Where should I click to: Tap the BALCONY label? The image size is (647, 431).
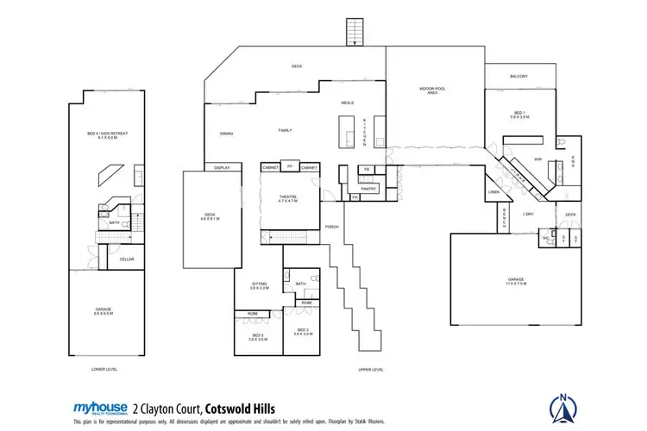518,77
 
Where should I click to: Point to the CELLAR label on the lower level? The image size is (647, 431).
127,259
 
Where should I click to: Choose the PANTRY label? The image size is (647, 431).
369,188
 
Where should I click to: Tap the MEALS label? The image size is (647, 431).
348,103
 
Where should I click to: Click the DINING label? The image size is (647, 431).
227,134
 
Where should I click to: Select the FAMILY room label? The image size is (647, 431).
285,130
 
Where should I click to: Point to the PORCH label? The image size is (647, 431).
331,227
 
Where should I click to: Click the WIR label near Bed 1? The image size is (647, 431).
537,159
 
